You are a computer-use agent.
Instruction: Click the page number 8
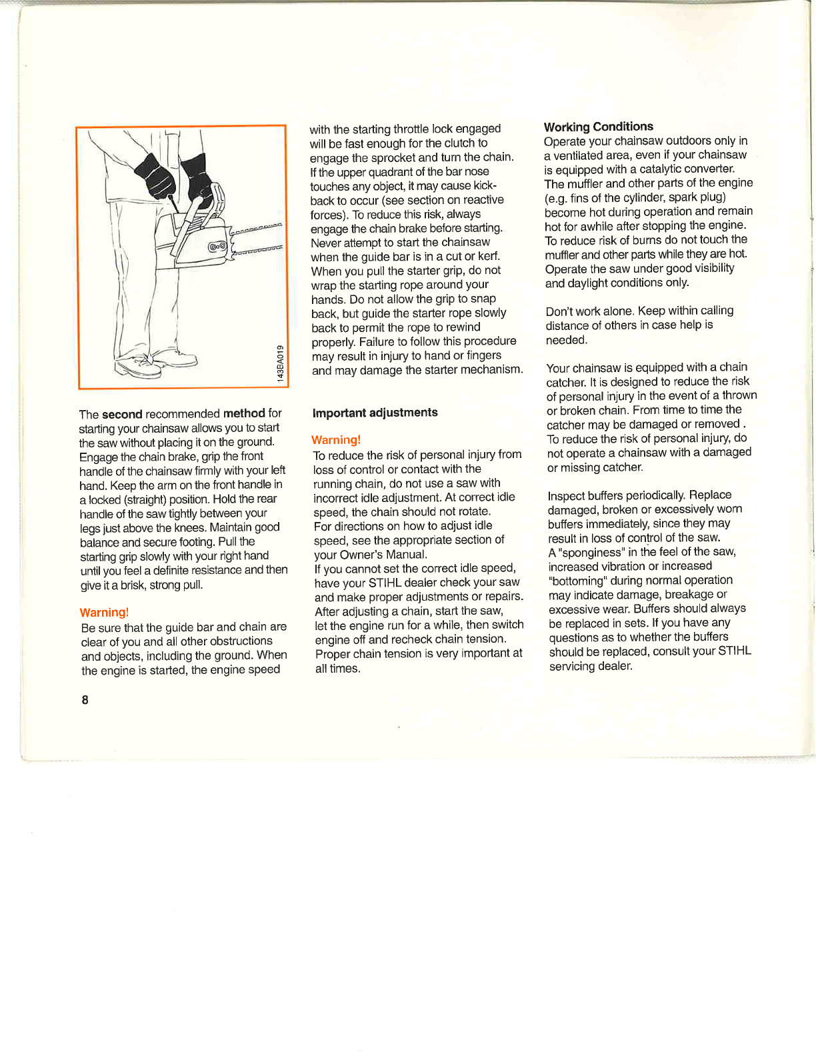pyautogui.click(x=85, y=699)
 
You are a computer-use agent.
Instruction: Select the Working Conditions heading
pyautogui.click(x=598, y=127)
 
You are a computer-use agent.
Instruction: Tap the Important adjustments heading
pyautogui.click(x=375, y=413)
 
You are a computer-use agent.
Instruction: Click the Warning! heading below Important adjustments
pyautogui.click(x=336, y=440)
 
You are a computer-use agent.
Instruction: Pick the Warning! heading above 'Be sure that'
pyautogui.click(x=104, y=613)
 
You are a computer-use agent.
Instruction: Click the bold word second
pyautogui.click(x=122, y=414)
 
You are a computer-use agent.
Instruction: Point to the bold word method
pyautogui.click(x=244, y=413)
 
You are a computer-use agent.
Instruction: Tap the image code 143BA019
pyautogui.click(x=281, y=363)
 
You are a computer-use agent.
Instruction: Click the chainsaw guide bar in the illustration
pyautogui.click(x=257, y=240)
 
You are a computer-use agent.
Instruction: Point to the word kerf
pyautogui.click(x=489, y=256)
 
